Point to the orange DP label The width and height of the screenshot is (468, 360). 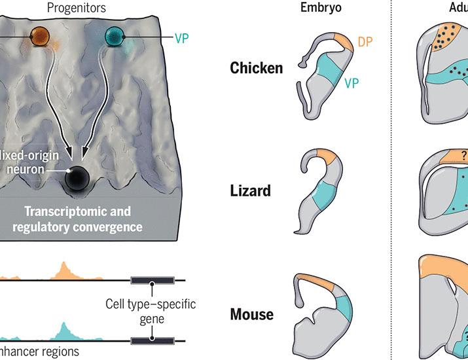pyautogui.click(x=367, y=43)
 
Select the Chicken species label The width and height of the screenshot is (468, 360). pyautogui.click(x=257, y=68)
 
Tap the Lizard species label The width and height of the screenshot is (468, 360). pyautogui.click(x=251, y=191)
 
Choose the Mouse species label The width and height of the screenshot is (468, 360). pyautogui.click(x=252, y=314)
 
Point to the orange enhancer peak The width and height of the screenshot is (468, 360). pyautogui.click(x=63, y=270)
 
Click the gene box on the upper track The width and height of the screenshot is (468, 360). pyautogui.click(x=152, y=280)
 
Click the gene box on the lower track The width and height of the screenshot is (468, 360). pyautogui.click(x=152, y=340)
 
